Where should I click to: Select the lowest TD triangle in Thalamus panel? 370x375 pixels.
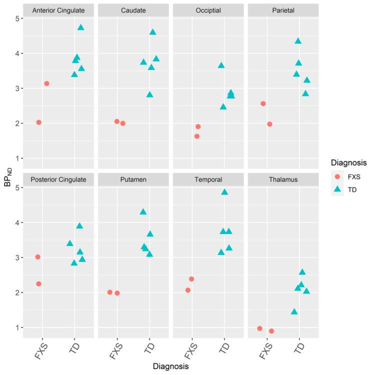(294, 311)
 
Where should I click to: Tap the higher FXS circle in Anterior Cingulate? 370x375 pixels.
(47, 83)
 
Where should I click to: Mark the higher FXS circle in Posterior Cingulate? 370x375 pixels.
(38, 257)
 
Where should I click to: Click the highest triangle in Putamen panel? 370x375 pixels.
(143, 211)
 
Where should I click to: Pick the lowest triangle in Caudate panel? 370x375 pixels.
(149, 94)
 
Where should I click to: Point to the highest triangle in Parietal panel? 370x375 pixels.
(298, 41)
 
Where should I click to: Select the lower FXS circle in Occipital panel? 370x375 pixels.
(197, 136)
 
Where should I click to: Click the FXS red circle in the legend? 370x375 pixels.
(337, 176)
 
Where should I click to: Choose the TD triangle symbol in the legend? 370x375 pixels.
(337, 189)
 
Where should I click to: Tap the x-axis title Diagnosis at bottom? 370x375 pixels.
(170, 366)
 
